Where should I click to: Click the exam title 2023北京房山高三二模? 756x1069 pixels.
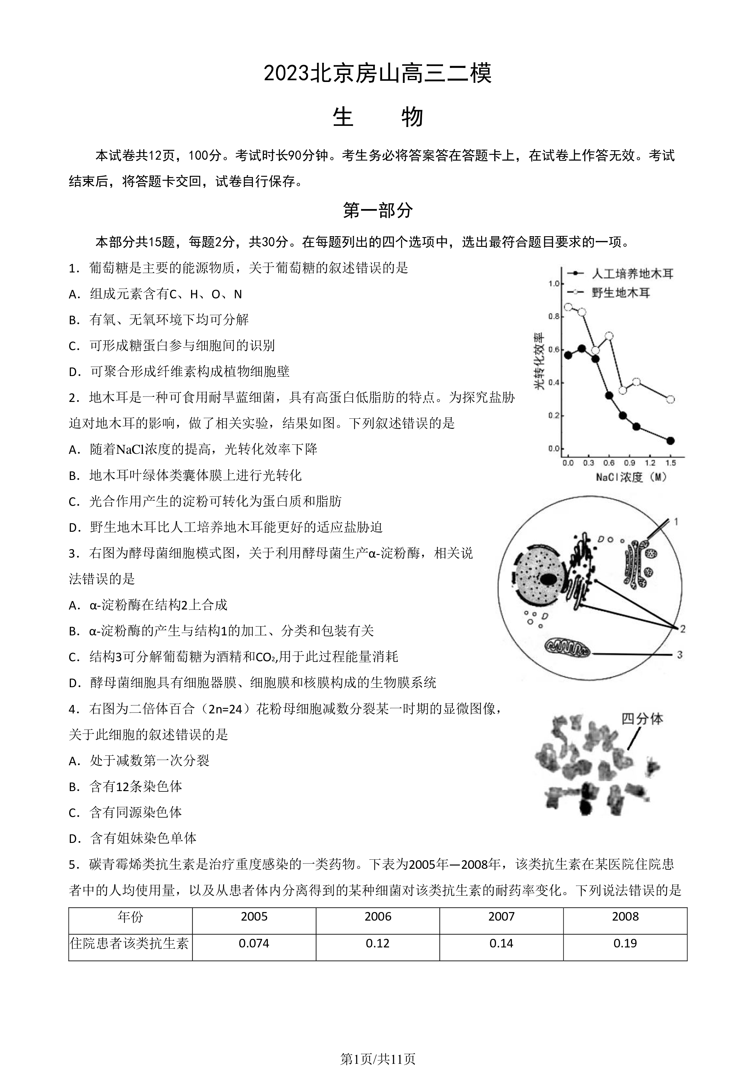point(378,73)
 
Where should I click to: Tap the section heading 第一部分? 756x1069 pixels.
point(378,211)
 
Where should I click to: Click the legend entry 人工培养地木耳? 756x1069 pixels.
point(633,274)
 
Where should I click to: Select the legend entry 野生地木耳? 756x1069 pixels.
point(620,293)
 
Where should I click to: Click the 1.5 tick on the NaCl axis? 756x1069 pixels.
point(670,463)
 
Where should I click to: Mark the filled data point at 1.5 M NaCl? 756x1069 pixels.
point(670,440)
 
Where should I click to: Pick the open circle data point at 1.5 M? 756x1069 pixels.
point(670,399)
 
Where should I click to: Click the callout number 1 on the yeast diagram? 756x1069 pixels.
point(676,521)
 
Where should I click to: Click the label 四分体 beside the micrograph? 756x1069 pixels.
point(642,719)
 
